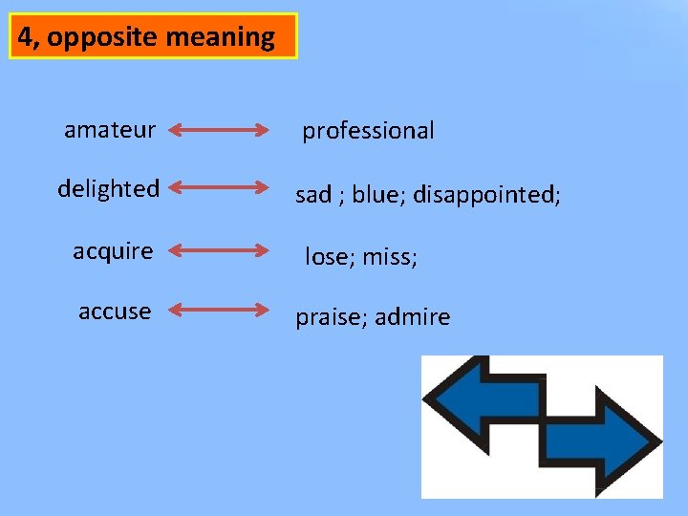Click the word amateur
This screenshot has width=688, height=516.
pos(110,129)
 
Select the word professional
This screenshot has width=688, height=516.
pos(368,131)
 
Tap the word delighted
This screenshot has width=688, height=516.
pos(108,188)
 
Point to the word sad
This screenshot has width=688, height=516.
pos(313,195)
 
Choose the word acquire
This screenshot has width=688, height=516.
pos(113,251)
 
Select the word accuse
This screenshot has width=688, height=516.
pos(115,312)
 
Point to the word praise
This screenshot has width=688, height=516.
pos(330,317)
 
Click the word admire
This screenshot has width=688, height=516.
pos(412,317)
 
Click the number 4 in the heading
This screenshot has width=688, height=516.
pos(28,37)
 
